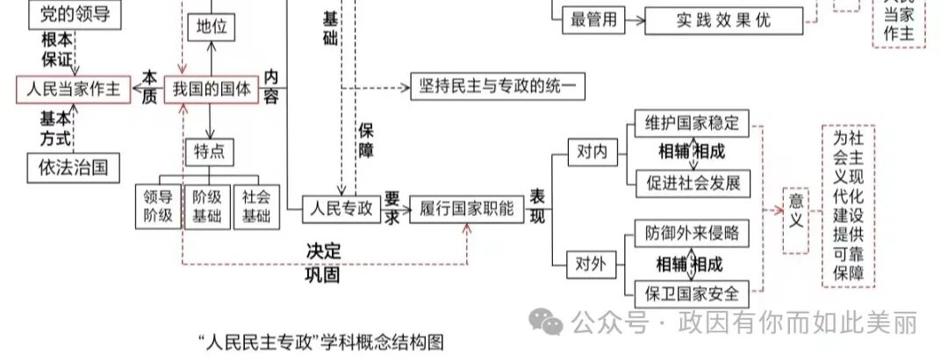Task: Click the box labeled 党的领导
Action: pyautogui.click(x=75, y=14)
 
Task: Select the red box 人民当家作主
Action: pyautogui.click(x=74, y=89)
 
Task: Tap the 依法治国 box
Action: pyautogui.click(x=74, y=166)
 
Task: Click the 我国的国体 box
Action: pyautogui.click(x=212, y=89)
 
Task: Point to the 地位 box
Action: pyautogui.click(x=212, y=27)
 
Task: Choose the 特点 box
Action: pyautogui.click(x=211, y=152)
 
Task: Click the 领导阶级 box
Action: pyautogui.click(x=158, y=206)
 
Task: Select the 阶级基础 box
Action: pyautogui.click(x=207, y=206)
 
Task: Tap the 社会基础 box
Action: pyautogui.click(x=256, y=206)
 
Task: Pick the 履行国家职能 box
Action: pyautogui.click(x=466, y=208)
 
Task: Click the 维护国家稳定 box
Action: pyautogui.click(x=692, y=123)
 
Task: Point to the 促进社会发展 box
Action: pyautogui.click(x=692, y=182)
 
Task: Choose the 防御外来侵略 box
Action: pyautogui.click(x=692, y=234)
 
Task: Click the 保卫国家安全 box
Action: pyautogui.click(x=692, y=292)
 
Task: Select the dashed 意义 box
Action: pyautogui.click(x=796, y=220)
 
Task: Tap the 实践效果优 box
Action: pyautogui.click(x=724, y=19)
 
